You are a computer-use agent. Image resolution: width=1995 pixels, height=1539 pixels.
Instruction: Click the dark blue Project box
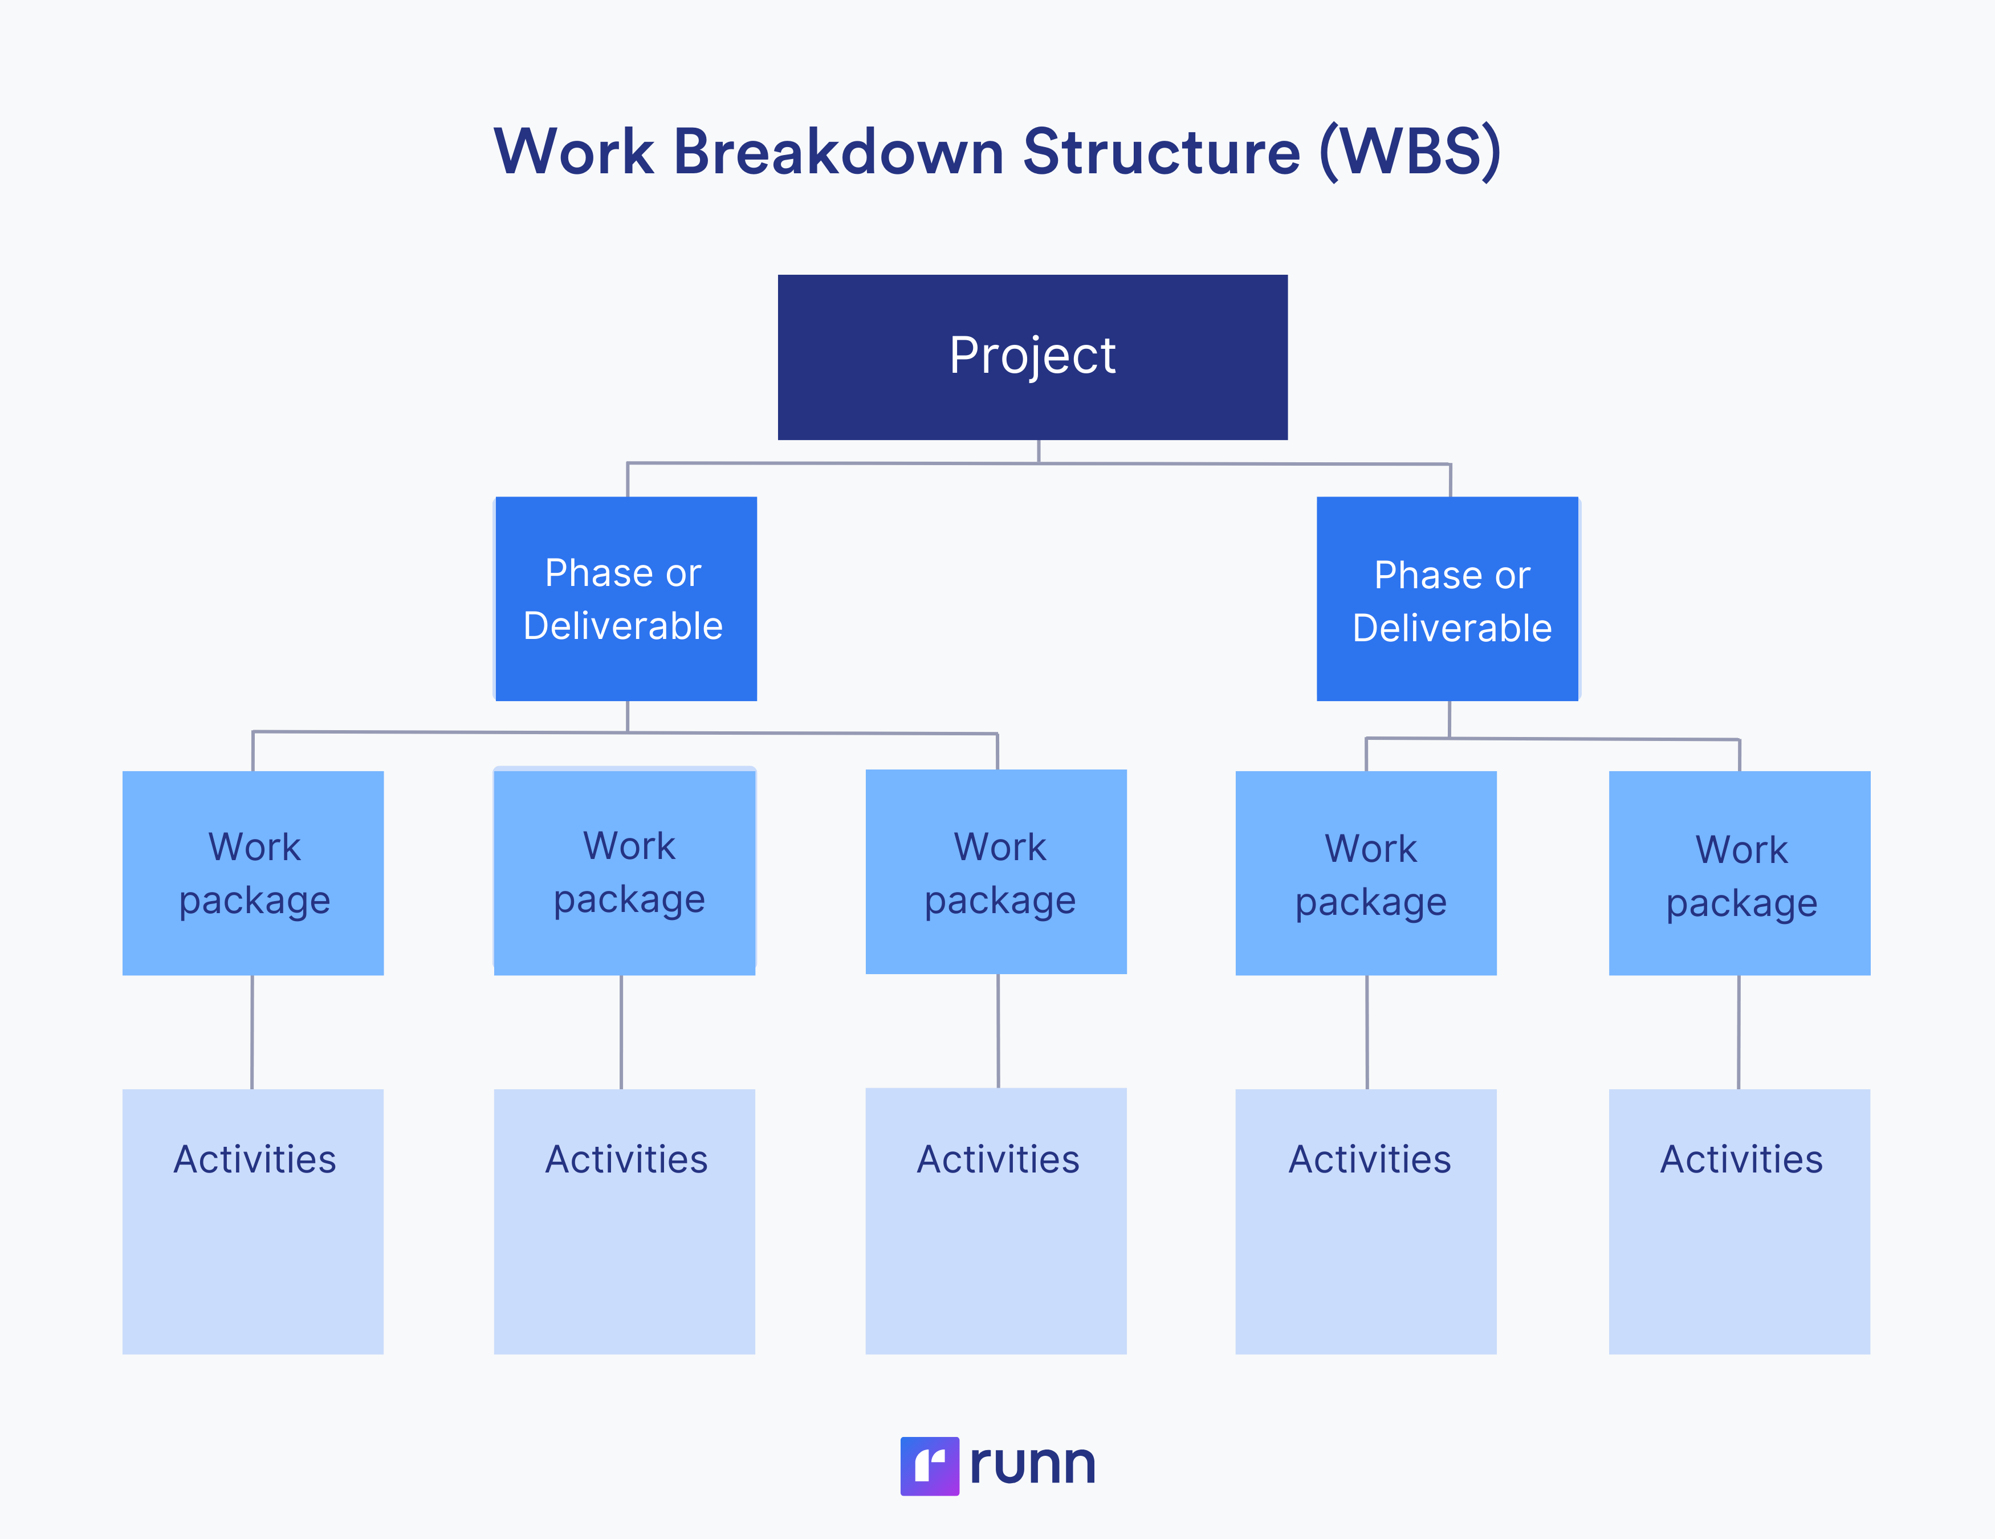1032,357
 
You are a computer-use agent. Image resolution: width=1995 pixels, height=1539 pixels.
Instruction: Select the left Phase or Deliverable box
626,598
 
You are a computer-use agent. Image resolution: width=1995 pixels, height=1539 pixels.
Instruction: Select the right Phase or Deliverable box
1448,598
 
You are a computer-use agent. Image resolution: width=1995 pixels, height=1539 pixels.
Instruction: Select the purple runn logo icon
929,1466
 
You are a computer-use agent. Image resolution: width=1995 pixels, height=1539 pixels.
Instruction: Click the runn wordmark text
1032,1464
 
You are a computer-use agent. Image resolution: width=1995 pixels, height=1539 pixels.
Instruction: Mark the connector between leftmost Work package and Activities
252,1032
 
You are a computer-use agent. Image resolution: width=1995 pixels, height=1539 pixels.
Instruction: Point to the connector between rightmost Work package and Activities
1738,1032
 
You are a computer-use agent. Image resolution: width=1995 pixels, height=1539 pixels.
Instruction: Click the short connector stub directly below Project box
1039,451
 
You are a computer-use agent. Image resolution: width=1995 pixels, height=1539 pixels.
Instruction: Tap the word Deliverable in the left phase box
623,626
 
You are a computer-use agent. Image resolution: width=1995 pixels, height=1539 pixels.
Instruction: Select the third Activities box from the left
996,1220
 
